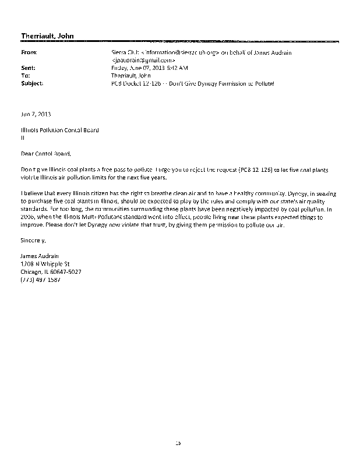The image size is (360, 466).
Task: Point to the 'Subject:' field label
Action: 31,83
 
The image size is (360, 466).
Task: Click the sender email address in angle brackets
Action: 143,60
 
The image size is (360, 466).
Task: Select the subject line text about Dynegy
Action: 192,83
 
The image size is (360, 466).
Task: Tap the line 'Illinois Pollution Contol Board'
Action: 59,130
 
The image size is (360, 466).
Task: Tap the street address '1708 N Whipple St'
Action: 44,263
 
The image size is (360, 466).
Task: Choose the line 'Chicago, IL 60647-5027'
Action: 51,271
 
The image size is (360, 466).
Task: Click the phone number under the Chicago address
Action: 40,279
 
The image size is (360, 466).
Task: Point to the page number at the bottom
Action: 179,443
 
